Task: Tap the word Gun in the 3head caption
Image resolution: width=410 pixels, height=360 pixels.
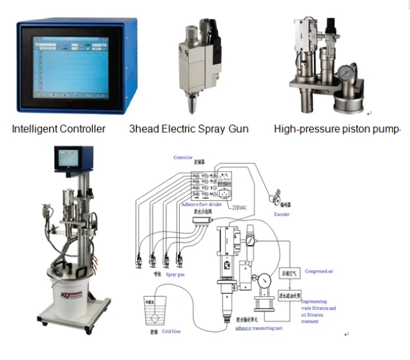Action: (x=237, y=129)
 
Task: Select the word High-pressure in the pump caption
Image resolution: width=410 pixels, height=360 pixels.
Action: (x=304, y=129)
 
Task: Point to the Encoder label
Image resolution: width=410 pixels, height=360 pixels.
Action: (x=281, y=214)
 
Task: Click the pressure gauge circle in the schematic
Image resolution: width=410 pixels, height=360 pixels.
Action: (x=263, y=280)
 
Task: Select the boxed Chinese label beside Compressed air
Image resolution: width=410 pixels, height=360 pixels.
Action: (x=295, y=272)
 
